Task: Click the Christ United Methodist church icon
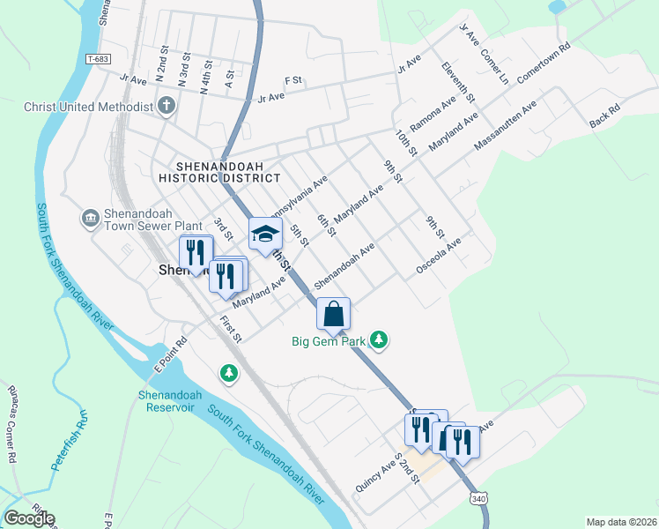point(166,107)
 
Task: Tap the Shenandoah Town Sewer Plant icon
point(89,218)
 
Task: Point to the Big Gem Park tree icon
point(379,339)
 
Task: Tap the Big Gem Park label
point(330,339)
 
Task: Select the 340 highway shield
point(478,498)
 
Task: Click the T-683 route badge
point(98,59)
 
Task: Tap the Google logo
point(29,518)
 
